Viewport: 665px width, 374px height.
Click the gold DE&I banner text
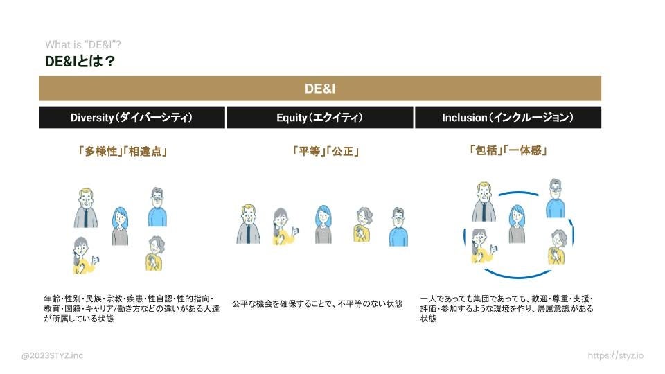[x=319, y=89]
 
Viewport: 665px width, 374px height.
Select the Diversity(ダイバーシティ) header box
[x=132, y=118]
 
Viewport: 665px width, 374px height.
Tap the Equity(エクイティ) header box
[x=319, y=118]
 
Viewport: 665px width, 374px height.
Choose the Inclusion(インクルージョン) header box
[x=508, y=118]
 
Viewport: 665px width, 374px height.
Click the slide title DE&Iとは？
[x=80, y=62]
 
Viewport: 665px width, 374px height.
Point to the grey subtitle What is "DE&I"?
[x=83, y=45]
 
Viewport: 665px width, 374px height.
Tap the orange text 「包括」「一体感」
[x=508, y=150]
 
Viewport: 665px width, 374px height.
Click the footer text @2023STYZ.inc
[x=52, y=356]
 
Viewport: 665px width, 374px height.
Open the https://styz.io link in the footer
[x=615, y=356]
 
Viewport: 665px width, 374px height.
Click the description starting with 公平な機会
[x=317, y=303]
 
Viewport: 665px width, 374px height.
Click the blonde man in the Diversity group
[x=85, y=208]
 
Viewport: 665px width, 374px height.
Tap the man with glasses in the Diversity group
[x=157, y=206]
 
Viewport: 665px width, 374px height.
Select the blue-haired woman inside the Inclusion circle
[x=517, y=224]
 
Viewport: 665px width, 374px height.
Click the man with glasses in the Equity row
[x=398, y=227]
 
